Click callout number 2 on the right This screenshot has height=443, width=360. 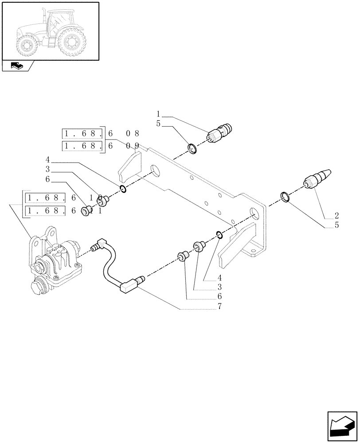point(337,216)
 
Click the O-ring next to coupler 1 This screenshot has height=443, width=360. point(192,148)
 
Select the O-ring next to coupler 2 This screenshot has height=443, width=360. point(285,197)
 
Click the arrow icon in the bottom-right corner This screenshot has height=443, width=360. point(341,426)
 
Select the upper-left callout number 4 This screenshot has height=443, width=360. point(47,159)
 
